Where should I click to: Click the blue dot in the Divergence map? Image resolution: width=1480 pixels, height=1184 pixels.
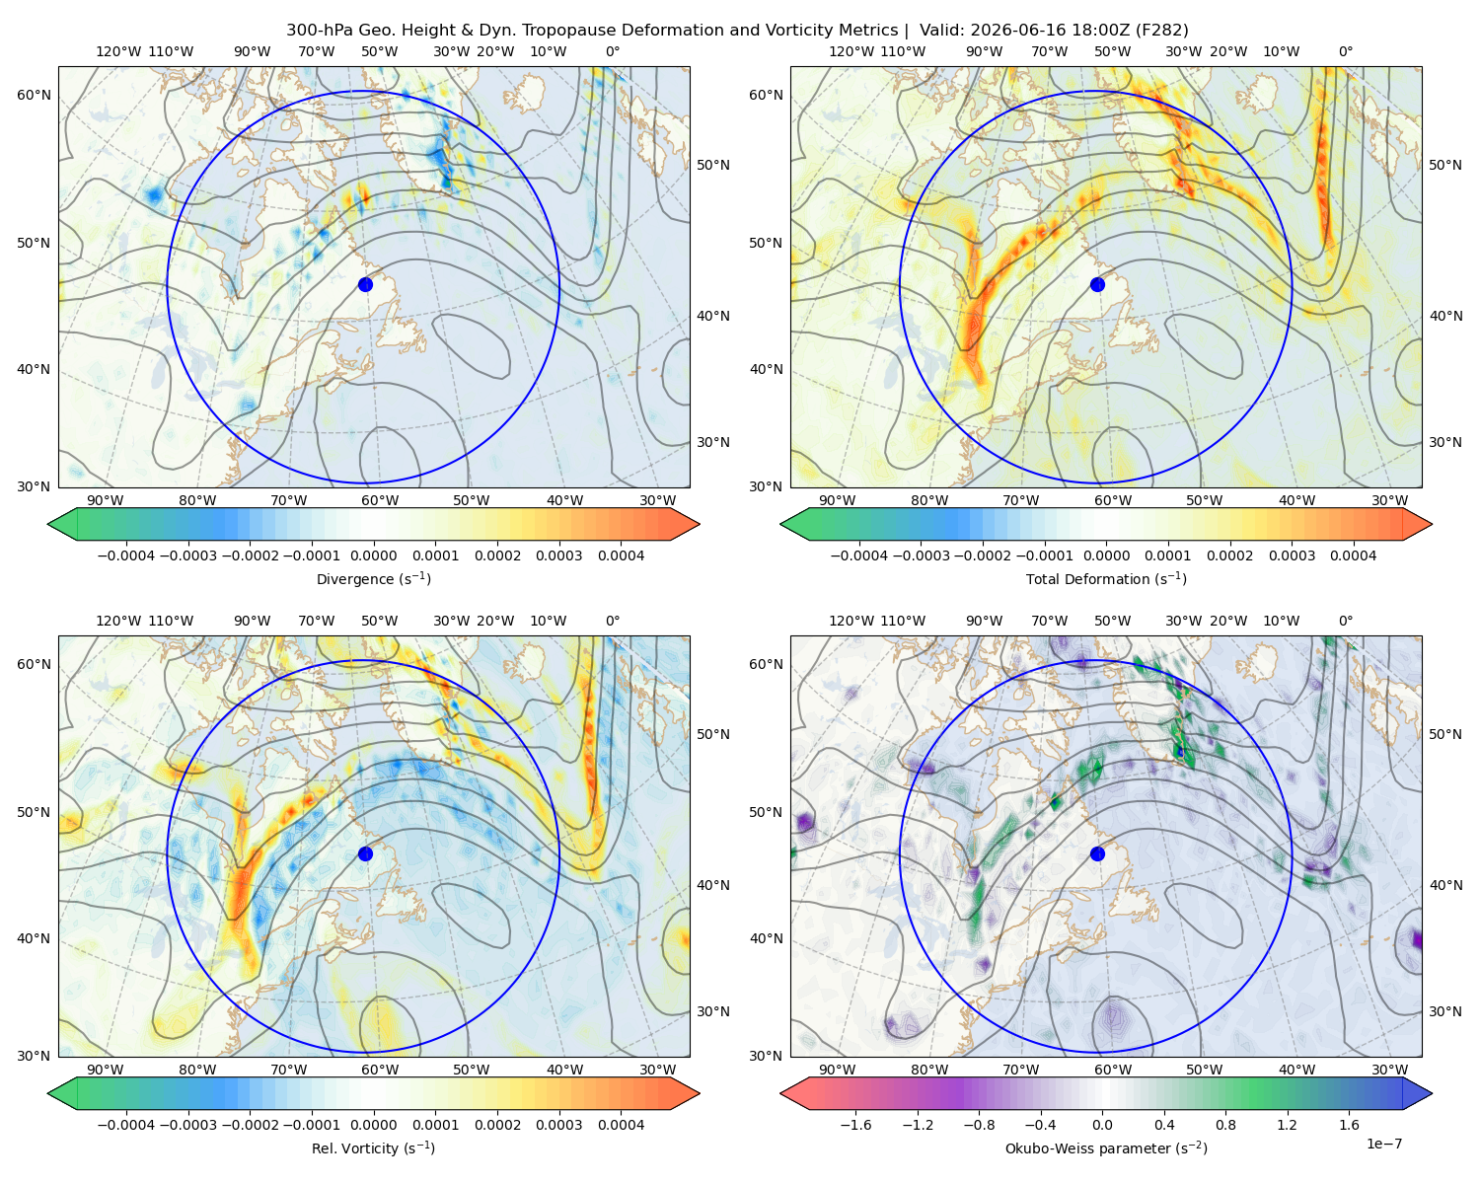pos(365,284)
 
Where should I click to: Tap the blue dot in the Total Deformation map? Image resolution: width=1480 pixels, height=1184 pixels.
pos(1097,284)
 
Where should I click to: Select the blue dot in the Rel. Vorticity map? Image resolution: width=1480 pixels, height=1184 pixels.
pos(365,853)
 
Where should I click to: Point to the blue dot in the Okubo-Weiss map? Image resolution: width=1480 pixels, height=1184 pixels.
pos(1097,853)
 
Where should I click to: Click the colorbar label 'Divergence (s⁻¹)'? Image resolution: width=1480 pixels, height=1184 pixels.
pos(373,578)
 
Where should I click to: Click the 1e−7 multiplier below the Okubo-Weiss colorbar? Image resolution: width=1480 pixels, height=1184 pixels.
pos(1383,1144)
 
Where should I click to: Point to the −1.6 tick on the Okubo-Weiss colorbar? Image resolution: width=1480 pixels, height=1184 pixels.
pos(856,1125)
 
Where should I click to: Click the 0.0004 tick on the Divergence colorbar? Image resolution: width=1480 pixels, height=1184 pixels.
pos(621,555)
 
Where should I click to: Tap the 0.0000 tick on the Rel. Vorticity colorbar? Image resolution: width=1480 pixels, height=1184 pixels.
pos(373,1125)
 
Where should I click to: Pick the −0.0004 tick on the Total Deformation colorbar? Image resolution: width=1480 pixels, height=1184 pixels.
pos(859,555)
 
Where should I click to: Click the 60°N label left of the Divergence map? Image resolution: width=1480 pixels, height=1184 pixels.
pos(34,95)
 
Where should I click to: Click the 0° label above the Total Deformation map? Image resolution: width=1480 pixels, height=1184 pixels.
pos(1345,51)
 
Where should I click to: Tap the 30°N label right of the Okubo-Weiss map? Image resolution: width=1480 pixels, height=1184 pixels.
pos(1444,1011)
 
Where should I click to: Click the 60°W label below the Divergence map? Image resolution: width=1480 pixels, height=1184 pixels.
pos(380,500)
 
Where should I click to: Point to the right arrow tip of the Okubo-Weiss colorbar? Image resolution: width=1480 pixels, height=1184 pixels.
pos(1432,1093)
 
